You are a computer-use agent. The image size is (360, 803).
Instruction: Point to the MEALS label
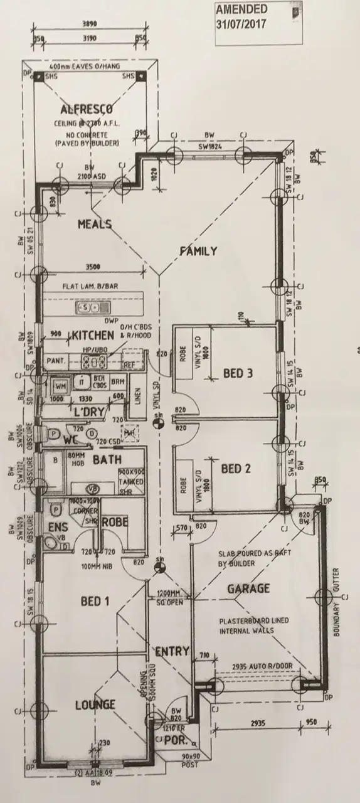tap(95, 225)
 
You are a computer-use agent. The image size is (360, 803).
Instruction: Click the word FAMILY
tap(198, 252)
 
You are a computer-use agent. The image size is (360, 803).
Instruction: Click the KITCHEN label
tap(93, 336)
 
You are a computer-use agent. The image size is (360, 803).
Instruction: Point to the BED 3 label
tap(238, 374)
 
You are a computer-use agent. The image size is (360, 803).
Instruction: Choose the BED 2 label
tap(236, 469)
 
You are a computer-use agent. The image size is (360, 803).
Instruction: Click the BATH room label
tap(107, 460)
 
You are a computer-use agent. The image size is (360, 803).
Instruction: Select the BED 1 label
tap(95, 602)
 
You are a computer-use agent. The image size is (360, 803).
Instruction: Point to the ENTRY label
tap(172, 652)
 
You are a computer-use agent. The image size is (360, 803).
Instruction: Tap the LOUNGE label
tap(96, 705)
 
